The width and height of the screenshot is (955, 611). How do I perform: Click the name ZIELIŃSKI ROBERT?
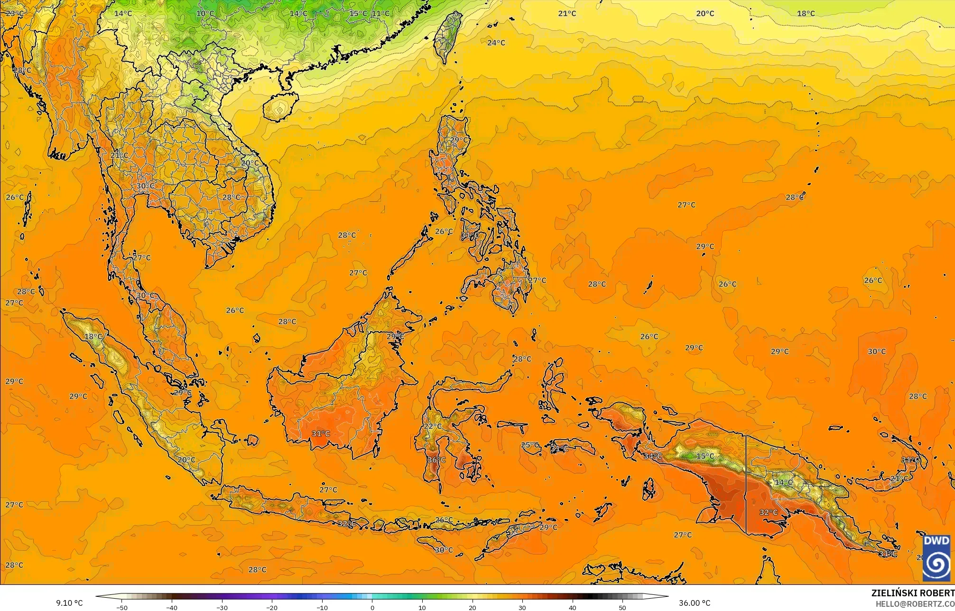(913, 593)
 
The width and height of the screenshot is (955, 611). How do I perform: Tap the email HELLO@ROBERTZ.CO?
(915, 603)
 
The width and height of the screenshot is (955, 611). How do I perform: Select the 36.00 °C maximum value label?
(695, 603)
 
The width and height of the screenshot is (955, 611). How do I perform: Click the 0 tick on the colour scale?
(372, 607)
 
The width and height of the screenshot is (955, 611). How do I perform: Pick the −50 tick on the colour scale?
(122, 607)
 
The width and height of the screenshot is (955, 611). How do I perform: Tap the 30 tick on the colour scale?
(522, 607)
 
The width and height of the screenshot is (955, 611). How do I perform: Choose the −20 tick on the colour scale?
(272, 607)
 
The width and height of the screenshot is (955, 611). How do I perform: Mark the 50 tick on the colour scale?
(622, 607)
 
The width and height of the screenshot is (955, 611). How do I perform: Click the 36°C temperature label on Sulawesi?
(436, 460)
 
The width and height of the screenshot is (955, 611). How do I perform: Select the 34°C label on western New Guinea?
(653, 456)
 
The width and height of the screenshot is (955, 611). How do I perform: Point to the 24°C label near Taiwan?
(496, 43)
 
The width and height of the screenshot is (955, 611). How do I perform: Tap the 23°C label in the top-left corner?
(14, 13)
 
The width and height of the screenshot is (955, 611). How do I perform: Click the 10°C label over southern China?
(205, 13)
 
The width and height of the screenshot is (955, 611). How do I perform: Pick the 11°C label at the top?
(380, 13)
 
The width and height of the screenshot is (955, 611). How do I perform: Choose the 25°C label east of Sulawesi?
(530, 445)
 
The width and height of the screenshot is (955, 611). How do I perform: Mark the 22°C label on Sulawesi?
(432, 426)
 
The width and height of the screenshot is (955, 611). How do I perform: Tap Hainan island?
(280, 107)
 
